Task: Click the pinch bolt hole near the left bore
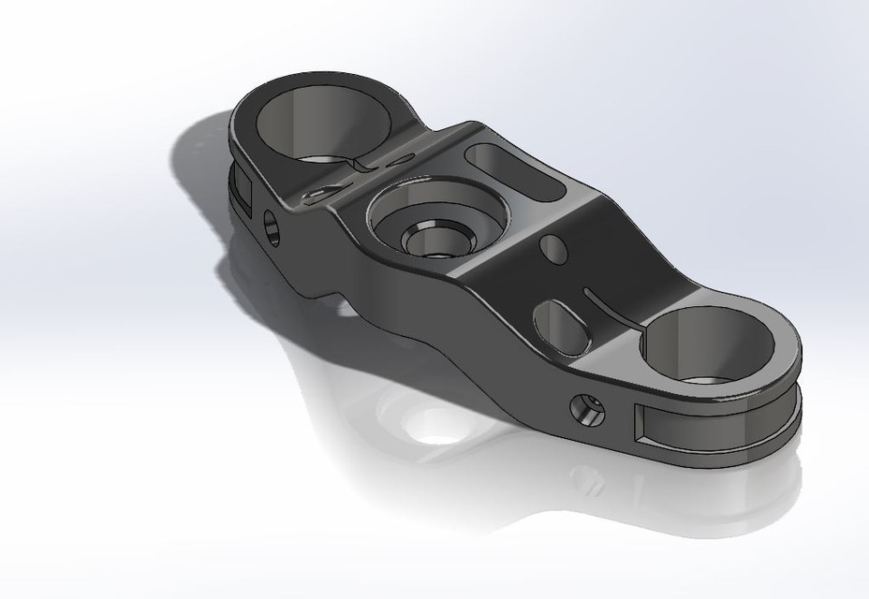272,228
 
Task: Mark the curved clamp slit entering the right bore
612,308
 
